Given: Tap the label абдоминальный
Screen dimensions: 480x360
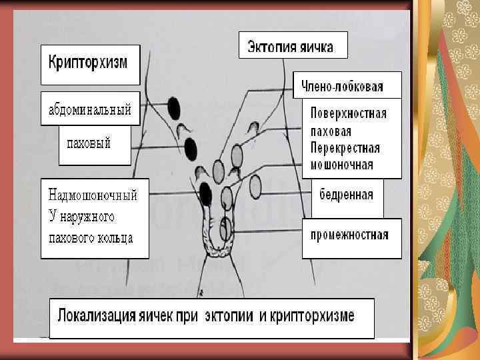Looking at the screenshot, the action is click(x=90, y=109).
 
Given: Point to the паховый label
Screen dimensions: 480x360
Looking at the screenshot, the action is click(x=89, y=143).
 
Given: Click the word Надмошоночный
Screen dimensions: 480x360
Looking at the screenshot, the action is click(x=93, y=195).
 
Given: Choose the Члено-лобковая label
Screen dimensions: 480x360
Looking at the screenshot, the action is click(x=342, y=86).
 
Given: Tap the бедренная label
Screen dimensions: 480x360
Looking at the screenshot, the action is click(x=347, y=195).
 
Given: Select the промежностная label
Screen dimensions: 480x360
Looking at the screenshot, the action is click(x=349, y=235).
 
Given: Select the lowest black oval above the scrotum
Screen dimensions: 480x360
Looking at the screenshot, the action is click(x=205, y=195).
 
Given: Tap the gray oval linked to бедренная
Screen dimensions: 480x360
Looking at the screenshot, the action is click(x=255, y=187).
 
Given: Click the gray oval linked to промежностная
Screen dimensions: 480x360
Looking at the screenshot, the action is click(x=226, y=229).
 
